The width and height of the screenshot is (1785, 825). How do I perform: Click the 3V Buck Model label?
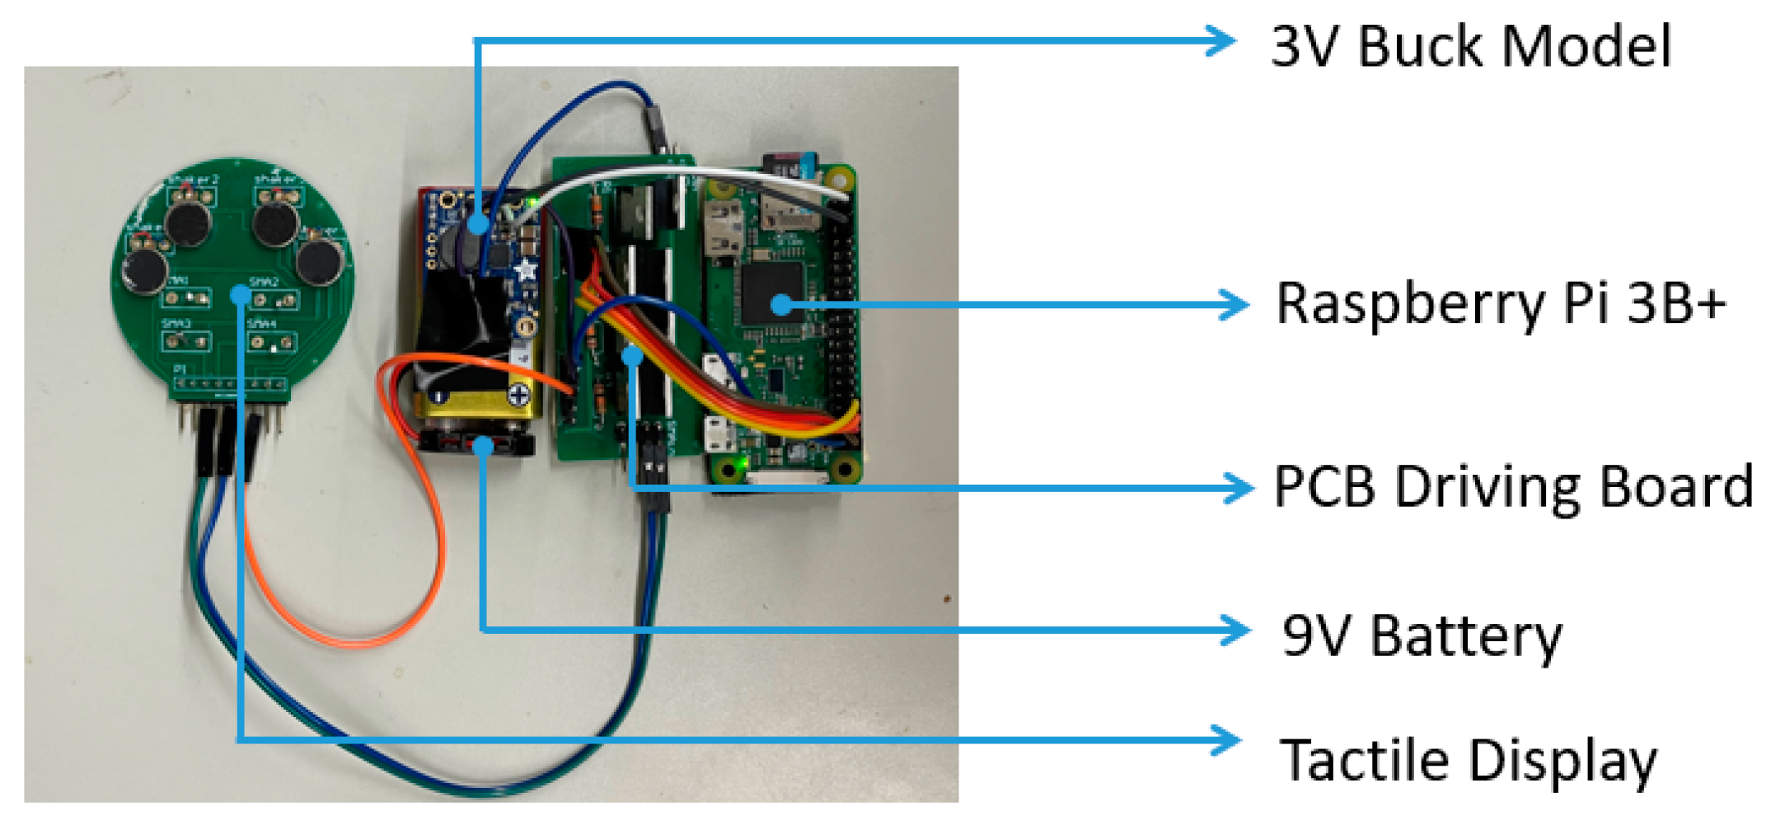pos(1470,46)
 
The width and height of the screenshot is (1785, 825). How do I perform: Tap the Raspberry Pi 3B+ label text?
pos(1500,304)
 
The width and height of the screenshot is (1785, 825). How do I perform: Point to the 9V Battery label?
pos(1422,635)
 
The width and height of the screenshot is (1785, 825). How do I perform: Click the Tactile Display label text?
pos(1467,759)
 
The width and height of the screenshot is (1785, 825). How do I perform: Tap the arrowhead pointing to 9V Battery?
pos(1236,631)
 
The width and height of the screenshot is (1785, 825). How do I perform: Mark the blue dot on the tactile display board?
pos(240,294)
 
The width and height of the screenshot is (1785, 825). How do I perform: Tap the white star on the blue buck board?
pos(524,270)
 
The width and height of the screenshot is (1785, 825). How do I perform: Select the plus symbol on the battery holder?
pos(518,396)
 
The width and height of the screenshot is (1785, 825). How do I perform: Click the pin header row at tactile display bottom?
pos(231,384)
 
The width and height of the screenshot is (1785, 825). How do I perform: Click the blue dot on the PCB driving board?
pos(632,355)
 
